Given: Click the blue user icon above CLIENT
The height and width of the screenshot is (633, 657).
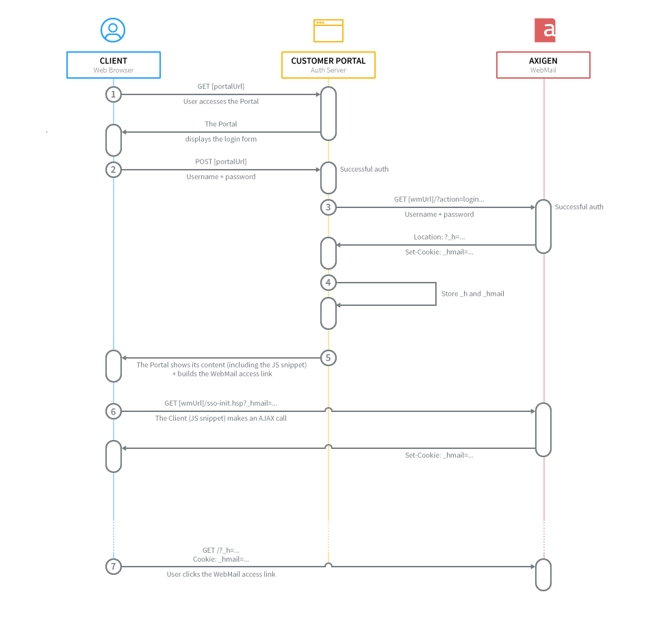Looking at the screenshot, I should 113,30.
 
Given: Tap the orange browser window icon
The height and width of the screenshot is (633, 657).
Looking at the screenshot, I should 328,31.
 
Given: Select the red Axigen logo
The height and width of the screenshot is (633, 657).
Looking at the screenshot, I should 545,30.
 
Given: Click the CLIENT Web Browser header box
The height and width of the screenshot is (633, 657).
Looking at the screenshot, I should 114,65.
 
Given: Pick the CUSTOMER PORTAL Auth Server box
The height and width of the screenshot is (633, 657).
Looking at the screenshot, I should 328,65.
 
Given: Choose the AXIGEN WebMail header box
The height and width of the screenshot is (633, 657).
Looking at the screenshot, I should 543,65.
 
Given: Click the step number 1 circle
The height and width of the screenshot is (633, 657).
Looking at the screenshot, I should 114,94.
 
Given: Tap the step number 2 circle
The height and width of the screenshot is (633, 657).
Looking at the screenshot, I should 114,170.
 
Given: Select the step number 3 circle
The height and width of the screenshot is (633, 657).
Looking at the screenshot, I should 328,207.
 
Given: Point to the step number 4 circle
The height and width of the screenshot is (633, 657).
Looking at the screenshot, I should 328,283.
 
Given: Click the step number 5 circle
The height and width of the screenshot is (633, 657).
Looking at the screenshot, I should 328,357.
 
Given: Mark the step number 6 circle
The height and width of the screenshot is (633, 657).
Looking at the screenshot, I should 114,411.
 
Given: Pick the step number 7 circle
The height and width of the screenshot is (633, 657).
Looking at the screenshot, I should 114,567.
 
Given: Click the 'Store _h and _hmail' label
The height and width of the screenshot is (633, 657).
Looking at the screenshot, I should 473,294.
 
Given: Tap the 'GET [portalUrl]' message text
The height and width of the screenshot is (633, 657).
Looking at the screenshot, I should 220,86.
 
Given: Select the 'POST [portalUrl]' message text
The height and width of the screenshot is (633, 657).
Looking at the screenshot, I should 220,162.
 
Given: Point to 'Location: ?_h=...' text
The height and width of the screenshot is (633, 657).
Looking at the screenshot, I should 439,237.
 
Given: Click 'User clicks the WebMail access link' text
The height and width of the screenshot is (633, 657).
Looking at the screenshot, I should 221,574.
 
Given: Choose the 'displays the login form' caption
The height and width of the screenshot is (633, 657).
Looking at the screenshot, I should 221,139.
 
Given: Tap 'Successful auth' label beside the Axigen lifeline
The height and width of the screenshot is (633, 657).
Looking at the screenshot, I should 579,207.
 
